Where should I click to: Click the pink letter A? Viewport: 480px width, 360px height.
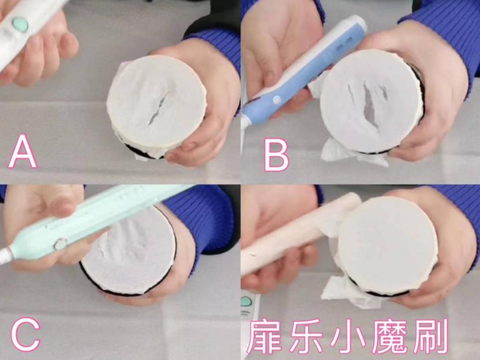22,151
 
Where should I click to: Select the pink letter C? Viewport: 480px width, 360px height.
25,336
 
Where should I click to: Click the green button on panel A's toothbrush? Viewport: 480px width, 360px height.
20,24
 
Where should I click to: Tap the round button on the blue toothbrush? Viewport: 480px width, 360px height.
277,99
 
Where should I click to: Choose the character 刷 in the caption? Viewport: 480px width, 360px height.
431,337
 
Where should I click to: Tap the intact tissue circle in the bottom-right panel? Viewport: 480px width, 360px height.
387,245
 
